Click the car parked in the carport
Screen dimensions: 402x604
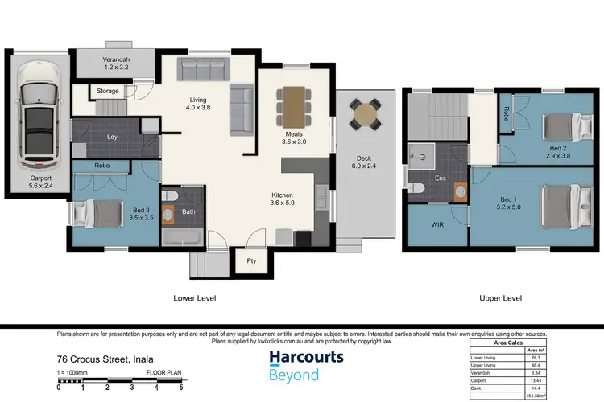[38, 111]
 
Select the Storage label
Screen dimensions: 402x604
[108, 92]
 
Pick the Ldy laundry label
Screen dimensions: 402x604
[111, 137]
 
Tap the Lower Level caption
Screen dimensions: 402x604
[195, 298]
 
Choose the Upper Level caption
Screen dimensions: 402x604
[501, 298]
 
